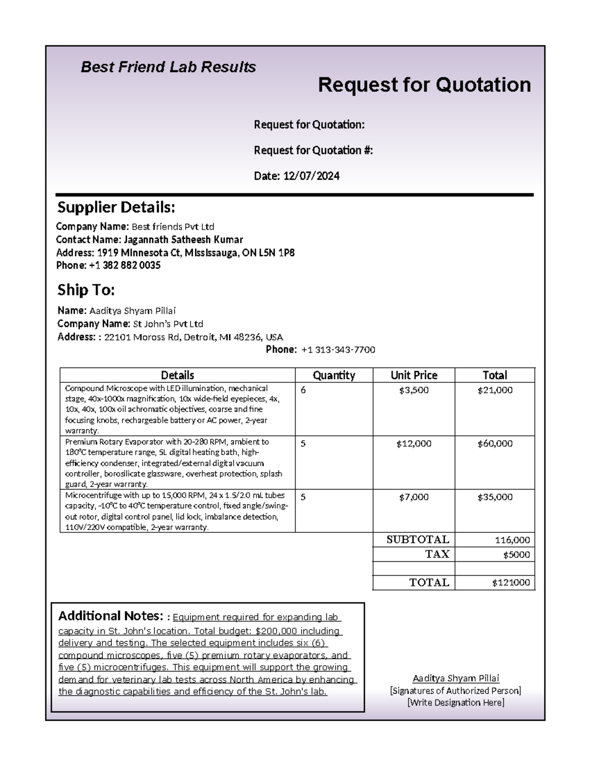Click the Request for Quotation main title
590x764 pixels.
click(424, 85)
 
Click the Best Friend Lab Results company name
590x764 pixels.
click(168, 67)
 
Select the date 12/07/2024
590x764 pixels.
click(311, 176)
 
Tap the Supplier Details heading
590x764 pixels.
click(116, 208)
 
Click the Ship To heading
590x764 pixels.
click(86, 290)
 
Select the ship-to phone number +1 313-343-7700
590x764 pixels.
click(338, 350)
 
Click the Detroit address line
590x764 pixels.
click(193, 337)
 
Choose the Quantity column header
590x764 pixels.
click(334, 375)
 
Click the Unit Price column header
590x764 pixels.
click(413, 375)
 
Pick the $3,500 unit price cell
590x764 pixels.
click(413, 390)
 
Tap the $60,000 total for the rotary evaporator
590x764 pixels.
click(495, 444)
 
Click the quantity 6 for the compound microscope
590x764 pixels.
click(303, 390)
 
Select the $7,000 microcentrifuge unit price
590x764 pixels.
click(413, 497)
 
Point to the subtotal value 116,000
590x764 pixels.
click(512, 540)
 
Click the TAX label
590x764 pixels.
click(437, 554)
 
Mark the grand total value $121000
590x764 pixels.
click(511, 583)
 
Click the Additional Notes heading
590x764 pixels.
click(110, 616)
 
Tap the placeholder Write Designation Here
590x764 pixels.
click(456, 703)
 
